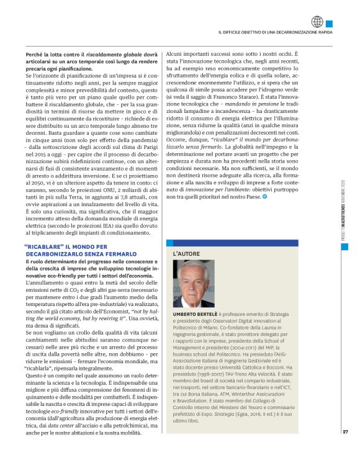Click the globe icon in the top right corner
point(317,21)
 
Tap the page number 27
point(345,449)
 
